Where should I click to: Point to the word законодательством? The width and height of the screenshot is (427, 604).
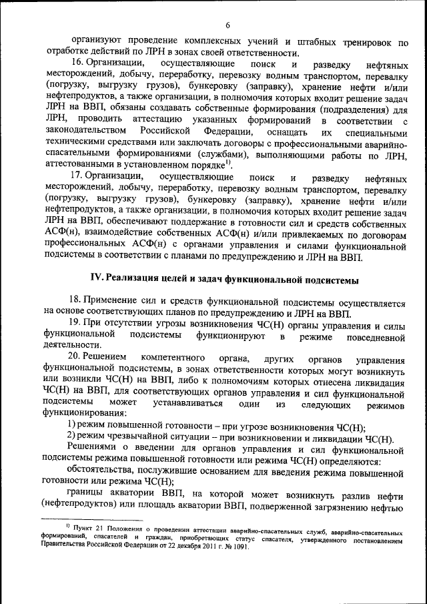click(x=85, y=131)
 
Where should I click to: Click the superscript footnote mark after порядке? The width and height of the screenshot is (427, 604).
click(x=228, y=161)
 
